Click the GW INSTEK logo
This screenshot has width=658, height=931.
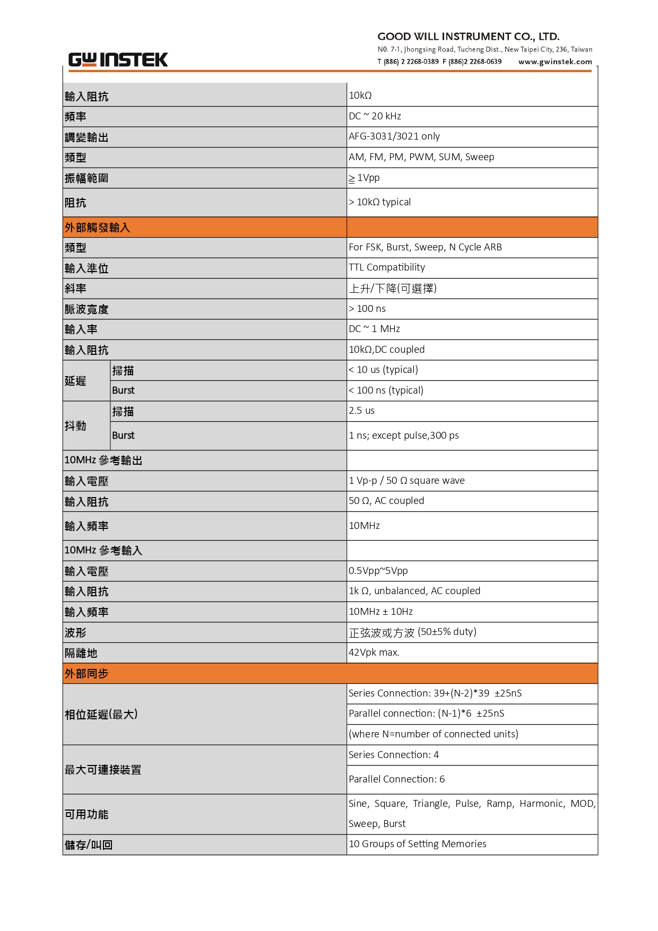point(118,59)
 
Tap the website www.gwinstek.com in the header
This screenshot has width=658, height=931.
point(555,62)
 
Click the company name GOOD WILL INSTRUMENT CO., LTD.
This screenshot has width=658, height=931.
point(468,37)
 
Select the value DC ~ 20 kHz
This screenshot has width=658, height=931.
point(375,116)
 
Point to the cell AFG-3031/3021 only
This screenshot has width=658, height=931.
point(394,136)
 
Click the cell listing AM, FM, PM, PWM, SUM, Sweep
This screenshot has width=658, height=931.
point(421,157)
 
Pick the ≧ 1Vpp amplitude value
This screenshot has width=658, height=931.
point(364,178)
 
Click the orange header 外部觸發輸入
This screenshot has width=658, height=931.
point(97,228)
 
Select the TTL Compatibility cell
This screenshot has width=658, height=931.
point(386,267)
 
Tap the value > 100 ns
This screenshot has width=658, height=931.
point(367,309)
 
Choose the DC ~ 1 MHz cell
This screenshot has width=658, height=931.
point(374,329)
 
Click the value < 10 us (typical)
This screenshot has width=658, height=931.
point(383,370)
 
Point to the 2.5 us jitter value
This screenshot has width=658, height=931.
point(361,411)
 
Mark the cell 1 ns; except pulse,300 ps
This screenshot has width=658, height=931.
point(403,436)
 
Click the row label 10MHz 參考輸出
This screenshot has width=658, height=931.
point(103,460)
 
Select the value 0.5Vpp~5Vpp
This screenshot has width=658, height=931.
point(378,571)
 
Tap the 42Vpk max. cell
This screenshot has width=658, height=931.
point(374,652)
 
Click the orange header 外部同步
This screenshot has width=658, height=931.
point(86,674)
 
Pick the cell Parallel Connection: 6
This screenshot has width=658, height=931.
point(396,779)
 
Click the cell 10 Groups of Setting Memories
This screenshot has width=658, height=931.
point(417,844)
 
